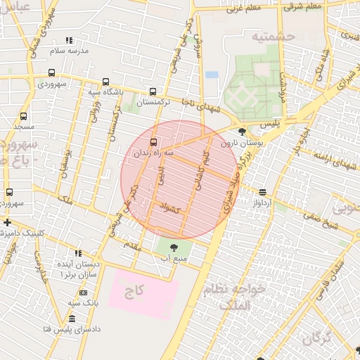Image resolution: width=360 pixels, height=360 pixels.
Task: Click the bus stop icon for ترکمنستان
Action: pos(153,91)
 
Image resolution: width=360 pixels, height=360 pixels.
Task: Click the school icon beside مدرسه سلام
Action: pos(68,41)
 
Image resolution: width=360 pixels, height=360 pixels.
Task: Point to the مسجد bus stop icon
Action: pos(23,116)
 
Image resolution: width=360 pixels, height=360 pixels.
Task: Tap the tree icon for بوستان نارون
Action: pos(243,131)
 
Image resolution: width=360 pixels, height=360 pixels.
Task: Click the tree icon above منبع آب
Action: pos(174,247)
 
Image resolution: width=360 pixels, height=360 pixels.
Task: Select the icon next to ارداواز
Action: pos(262,192)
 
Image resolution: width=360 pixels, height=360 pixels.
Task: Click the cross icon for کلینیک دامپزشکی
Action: pos(6,222)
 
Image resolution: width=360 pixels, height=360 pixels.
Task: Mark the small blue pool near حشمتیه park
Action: pos(212,75)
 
